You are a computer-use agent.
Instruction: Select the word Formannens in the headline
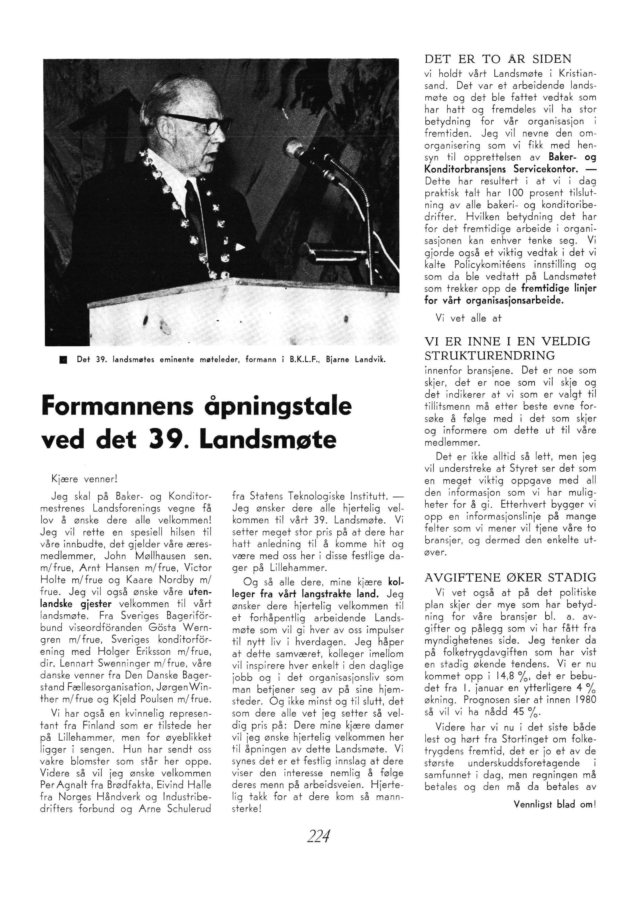pos(117,407)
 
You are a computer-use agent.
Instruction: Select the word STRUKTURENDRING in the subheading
pos(490,356)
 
